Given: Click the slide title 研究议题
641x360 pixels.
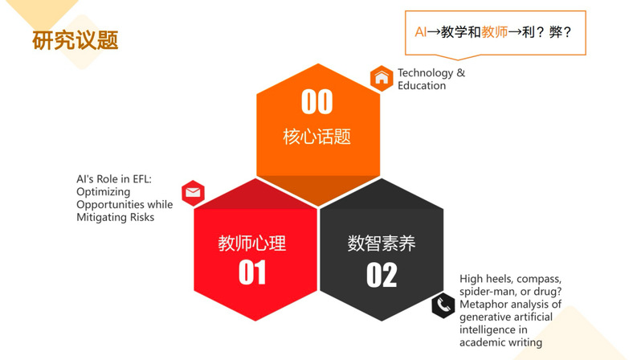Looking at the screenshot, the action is [76, 40].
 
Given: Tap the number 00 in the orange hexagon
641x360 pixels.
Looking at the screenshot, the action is [317, 102].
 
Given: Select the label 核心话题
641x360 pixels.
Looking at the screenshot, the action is [317, 137].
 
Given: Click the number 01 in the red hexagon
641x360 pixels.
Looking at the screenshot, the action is [252, 272].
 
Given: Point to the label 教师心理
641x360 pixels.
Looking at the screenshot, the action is [252, 243].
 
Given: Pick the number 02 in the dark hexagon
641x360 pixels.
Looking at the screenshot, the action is [382, 275].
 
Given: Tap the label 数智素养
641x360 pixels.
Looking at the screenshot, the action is [382, 243].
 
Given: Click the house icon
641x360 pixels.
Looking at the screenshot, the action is [382, 78].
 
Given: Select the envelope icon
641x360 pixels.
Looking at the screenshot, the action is [193, 193].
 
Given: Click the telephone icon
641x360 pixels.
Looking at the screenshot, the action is [443, 305].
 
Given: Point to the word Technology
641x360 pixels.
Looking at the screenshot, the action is [426, 73].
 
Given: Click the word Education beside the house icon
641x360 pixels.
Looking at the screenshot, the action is [422, 85].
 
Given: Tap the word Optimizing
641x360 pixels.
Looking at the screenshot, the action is [104, 192].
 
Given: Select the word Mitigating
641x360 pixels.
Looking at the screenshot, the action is [101, 218].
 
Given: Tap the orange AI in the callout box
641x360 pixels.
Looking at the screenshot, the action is [421, 32].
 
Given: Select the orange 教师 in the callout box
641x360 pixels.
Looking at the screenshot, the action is [494, 32].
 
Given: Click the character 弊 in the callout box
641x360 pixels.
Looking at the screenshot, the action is [556, 32].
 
